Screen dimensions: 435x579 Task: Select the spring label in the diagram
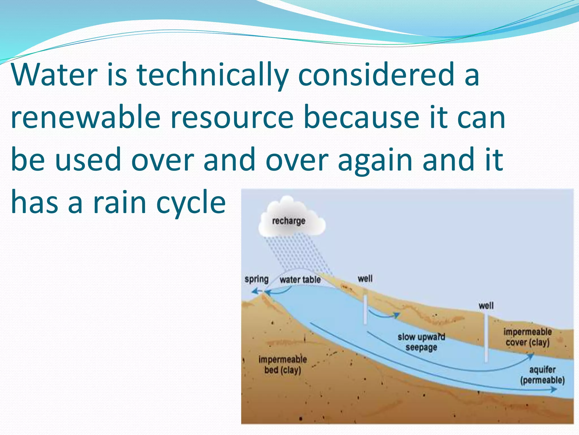[x=256, y=279]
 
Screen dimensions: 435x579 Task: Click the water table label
[x=300, y=280]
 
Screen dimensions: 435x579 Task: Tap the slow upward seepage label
[x=421, y=342]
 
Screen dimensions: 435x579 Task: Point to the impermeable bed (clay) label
[x=282, y=364]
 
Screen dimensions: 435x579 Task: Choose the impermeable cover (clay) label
[x=528, y=337]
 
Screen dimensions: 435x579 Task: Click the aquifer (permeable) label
[x=542, y=375]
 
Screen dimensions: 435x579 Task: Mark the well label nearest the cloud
[x=365, y=278]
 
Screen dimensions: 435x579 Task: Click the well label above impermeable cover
[x=486, y=306]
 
